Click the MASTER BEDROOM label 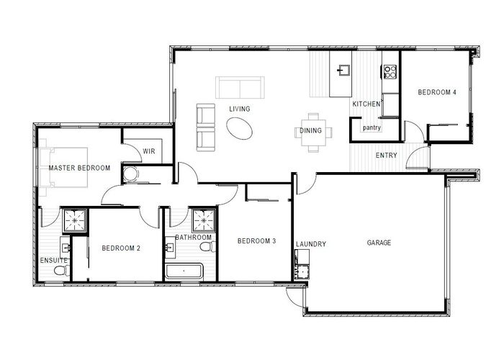tap(79, 168)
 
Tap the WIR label tap(150, 151)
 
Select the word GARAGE tap(378, 243)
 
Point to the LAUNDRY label tap(311, 244)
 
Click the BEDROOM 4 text tap(437, 93)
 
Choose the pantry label tap(372, 128)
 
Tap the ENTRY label tap(387, 156)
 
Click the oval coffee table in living tap(240, 129)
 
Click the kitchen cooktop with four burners tap(390, 71)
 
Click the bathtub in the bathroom tap(186, 271)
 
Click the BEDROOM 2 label tap(121, 248)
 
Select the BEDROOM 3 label tap(257, 240)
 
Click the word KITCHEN tap(366, 105)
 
